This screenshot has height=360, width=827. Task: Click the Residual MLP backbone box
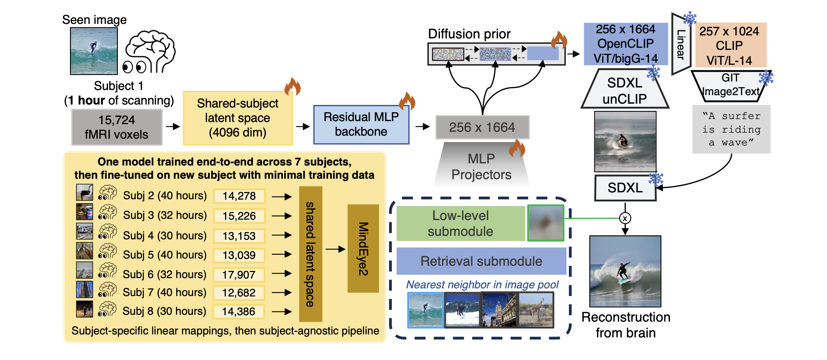pos(361,125)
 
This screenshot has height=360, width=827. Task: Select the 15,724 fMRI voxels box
pos(116,127)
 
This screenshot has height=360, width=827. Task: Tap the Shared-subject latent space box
pos(238,118)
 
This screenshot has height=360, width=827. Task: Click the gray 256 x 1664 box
pos(482,127)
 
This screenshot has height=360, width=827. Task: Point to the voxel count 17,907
pos(239,275)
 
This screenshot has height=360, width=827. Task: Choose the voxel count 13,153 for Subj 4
pos(239,236)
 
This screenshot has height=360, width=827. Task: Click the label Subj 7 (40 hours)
pos(164,293)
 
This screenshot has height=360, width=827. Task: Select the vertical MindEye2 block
pos(363,248)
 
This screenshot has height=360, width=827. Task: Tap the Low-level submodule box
pos(460,224)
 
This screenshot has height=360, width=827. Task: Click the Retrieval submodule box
pos(481,261)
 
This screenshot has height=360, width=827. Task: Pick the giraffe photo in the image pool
pos(536,310)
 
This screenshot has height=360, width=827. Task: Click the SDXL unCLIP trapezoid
pos(624,90)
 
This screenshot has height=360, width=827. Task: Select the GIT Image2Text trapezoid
pos(730,86)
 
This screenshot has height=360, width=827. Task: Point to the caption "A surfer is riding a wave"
pos(731,129)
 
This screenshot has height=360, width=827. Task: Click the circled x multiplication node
pos(625,218)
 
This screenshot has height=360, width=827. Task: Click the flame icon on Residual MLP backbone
pos(407,101)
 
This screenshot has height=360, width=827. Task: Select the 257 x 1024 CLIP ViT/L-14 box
pos(731,45)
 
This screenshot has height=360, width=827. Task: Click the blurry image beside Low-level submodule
pos(545,223)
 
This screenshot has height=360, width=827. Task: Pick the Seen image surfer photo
pos(94,51)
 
